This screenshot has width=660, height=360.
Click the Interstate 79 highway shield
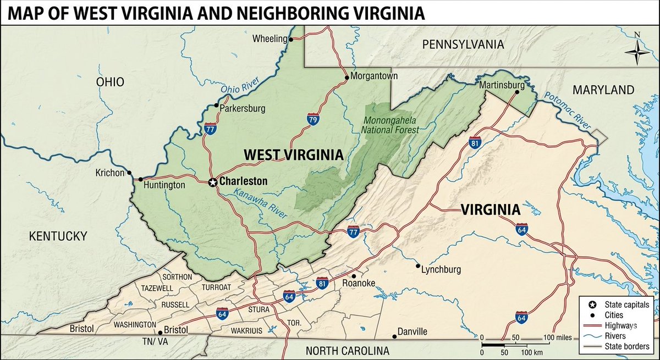click(x=312, y=119)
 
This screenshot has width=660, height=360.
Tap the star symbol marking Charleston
click(x=213, y=182)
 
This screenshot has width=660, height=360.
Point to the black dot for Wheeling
click(x=291, y=39)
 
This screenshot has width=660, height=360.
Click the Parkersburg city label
click(x=242, y=108)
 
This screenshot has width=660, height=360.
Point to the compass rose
click(x=637, y=54)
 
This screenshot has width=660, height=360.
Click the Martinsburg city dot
click(x=516, y=92)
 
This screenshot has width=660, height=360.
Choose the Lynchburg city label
click(x=441, y=270)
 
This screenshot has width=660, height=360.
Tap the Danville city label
click(x=413, y=331)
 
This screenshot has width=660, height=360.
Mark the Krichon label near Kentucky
click(x=111, y=173)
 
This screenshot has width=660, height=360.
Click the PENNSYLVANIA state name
click(x=463, y=45)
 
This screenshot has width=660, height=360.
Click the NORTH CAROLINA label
click(x=347, y=351)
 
